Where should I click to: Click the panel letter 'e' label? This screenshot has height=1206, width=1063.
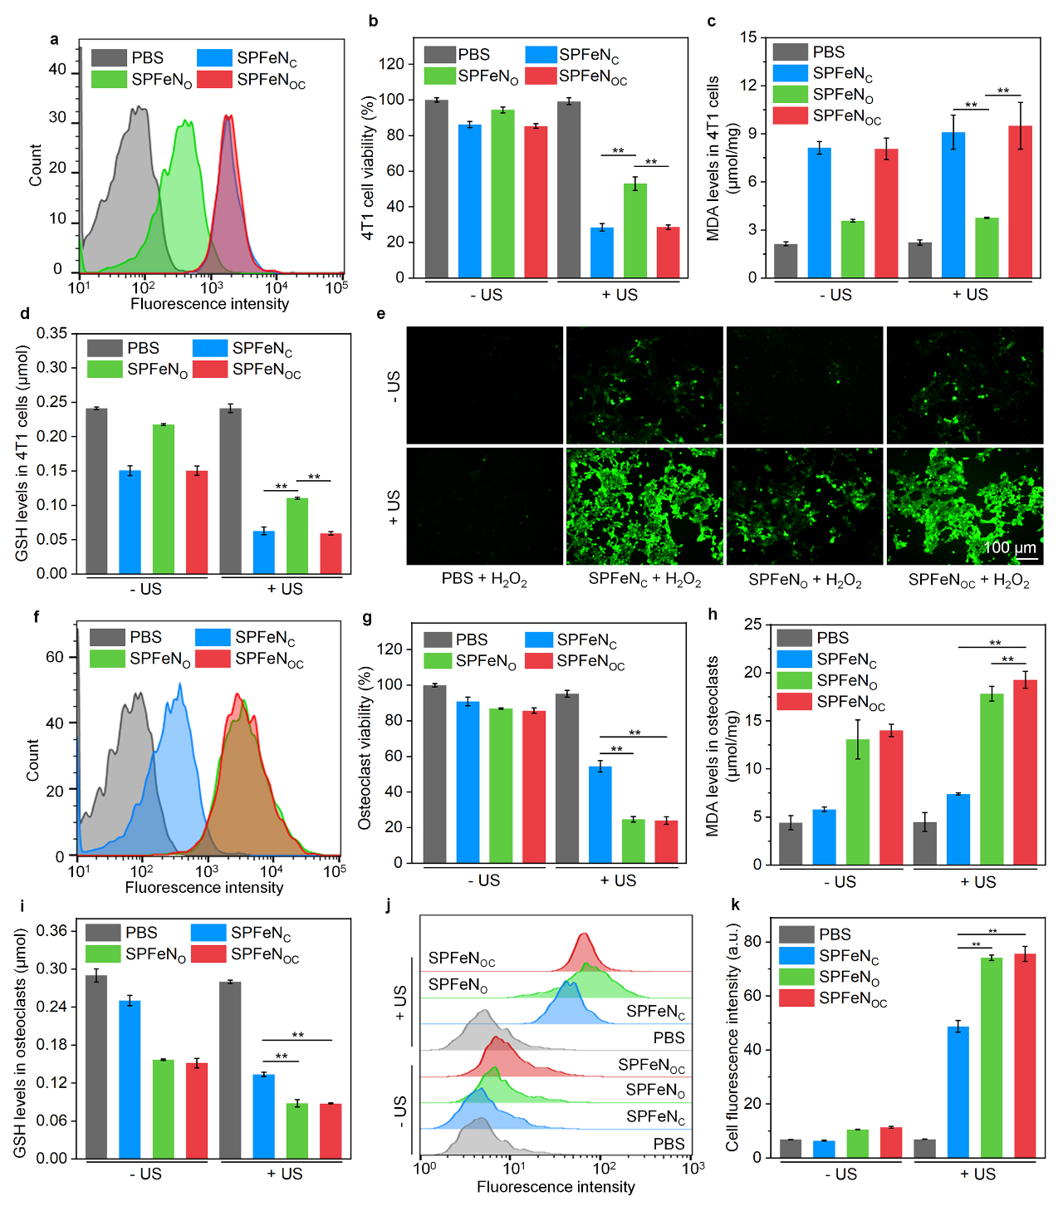tap(381, 314)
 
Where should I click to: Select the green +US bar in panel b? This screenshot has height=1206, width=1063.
tap(635, 230)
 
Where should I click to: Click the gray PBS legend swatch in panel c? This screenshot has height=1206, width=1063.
tap(790, 51)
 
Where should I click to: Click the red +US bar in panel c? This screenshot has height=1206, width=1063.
tap(1020, 201)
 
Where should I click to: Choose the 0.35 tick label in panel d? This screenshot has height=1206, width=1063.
tap(52, 333)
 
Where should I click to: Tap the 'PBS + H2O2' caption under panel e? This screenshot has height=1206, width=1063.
tap(484, 580)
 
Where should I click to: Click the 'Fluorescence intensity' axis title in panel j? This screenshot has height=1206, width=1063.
tap(556, 1187)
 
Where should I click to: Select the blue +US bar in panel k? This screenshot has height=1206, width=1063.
tap(958, 1091)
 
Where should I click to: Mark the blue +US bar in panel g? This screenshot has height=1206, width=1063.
tap(600, 814)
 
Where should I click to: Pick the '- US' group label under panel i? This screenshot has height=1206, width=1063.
tap(146, 1174)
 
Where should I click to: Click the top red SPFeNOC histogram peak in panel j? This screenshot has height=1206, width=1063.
tap(584, 937)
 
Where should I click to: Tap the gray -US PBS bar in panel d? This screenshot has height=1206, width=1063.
tap(97, 490)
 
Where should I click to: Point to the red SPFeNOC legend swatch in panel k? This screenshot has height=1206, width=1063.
tap(796, 998)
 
